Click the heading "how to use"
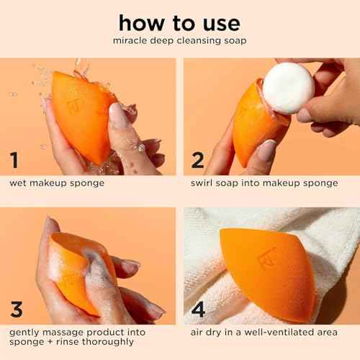[x=179, y=23]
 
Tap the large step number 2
[x=197, y=160]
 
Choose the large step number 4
[x=198, y=310]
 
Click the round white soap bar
[x=287, y=88]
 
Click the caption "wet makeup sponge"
[x=57, y=183]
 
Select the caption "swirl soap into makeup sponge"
[x=264, y=183]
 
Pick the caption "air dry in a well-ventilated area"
[x=264, y=333]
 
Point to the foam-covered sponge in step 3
[x=79, y=270]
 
